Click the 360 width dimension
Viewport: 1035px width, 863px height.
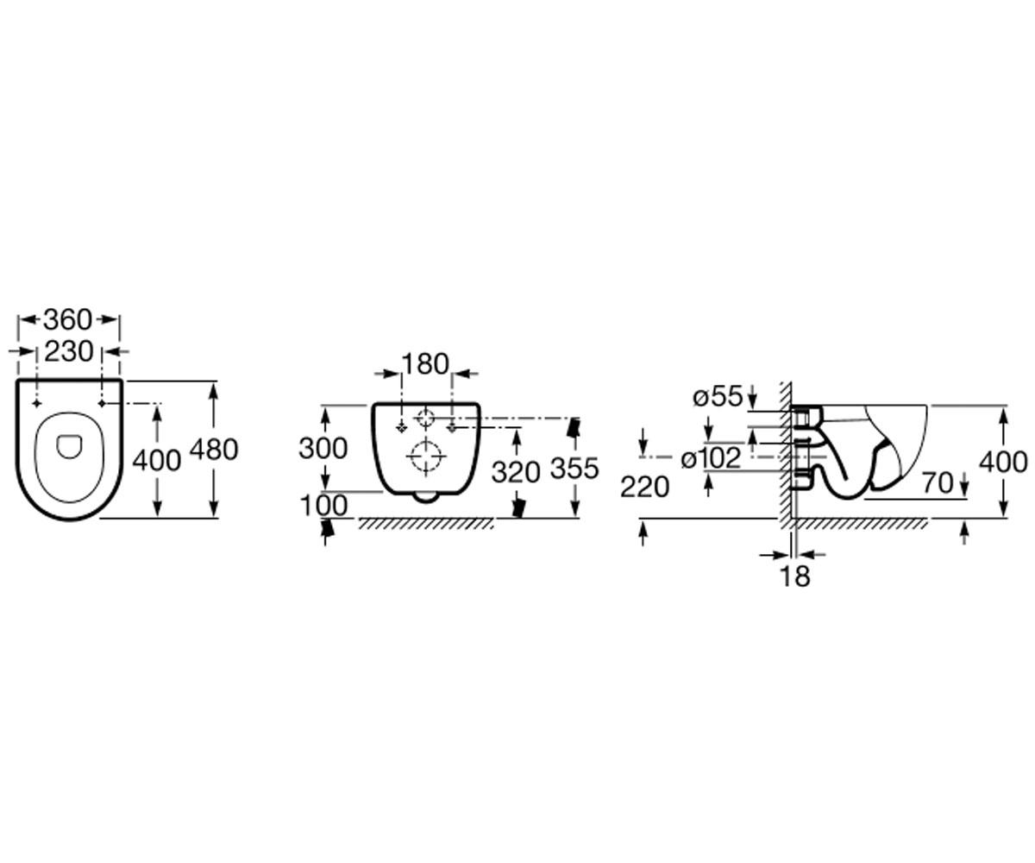click(x=68, y=319)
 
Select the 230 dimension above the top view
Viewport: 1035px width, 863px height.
click(x=69, y=351)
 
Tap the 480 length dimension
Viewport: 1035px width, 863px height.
click(x=215, y=450)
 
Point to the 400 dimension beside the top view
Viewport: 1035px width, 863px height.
click(x=157, y=460)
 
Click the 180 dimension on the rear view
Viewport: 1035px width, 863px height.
click(x=425, y=363)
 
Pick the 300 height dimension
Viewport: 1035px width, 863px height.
click(x=323, y=449)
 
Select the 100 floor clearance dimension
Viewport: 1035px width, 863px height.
click(x=323, y=506)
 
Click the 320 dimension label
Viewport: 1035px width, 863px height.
click(x=516, y=472)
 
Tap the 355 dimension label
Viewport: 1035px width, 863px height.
click(x=575, y=469)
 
